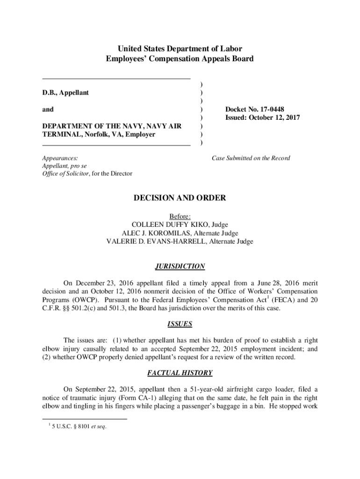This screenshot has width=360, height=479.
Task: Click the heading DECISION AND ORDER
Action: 180,198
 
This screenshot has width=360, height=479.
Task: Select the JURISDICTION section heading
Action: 180,267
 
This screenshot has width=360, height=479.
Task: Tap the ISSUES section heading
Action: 180,324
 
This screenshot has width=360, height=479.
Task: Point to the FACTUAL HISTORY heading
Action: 180,373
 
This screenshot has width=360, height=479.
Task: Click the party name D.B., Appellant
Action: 65,93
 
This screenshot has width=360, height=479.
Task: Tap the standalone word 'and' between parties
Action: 48,109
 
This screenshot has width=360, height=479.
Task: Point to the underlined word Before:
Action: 180,217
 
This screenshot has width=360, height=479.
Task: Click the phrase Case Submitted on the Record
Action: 251,158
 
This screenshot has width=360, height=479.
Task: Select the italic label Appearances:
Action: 60,158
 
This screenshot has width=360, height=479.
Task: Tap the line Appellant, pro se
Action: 64,166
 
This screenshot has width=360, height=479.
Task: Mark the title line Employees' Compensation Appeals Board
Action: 180,59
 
